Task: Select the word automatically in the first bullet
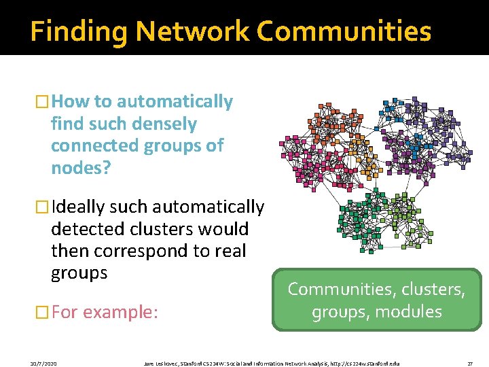pos(175,102)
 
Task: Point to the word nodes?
pos(80,168)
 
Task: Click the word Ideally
pos(79,207)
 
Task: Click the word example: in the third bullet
pos(121,312)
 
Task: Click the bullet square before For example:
pos(43,313)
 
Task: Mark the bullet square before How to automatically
pos(43,103)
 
